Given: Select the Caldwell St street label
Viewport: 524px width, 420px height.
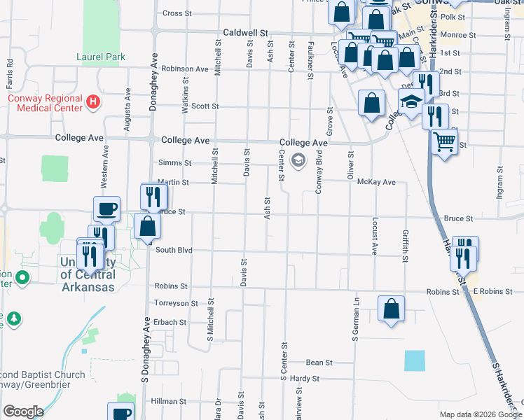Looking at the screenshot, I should coord(246,33).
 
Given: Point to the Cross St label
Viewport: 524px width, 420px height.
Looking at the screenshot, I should coord(177,13).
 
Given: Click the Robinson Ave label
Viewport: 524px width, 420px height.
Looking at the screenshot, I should coord(185,69).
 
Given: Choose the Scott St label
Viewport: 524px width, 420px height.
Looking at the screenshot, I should coord(205,106).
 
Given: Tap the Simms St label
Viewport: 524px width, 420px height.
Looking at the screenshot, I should coord(174,162).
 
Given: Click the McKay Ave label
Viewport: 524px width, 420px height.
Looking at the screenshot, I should coord(376,182).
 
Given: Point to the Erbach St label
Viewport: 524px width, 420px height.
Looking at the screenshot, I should coord(172,323).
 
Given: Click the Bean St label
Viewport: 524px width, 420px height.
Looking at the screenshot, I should coord(319,363).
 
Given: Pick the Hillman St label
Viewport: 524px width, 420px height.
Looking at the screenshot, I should coord(169,401).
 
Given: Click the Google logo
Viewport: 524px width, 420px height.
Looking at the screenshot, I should coord(22,412).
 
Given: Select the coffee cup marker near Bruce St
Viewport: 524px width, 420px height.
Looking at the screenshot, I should coord(107,209).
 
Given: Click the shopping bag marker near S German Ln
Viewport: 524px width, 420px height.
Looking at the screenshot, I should coord(391,308).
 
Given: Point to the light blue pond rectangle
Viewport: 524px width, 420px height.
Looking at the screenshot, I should coord(414,360).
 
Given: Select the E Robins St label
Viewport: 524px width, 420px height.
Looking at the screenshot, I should coord(488,290).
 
